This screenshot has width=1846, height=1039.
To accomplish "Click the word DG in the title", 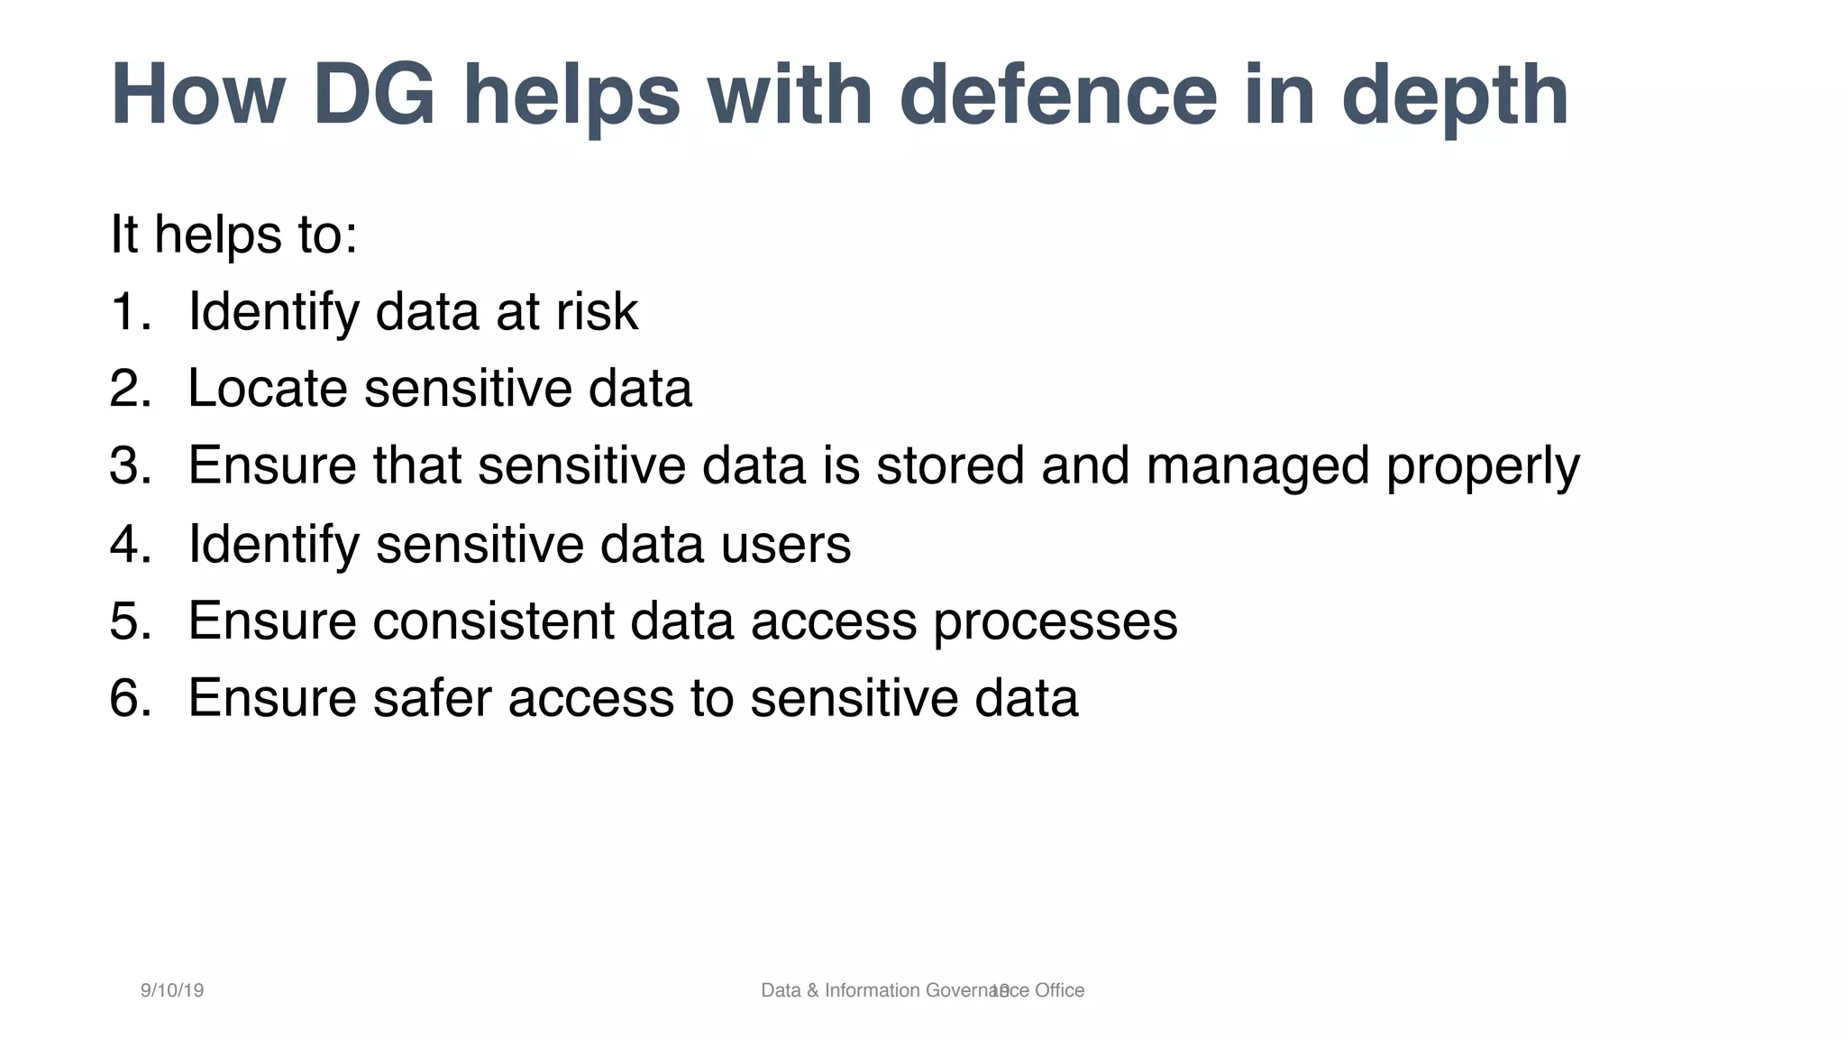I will (x=374, y=96).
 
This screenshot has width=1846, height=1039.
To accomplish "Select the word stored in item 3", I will (x=950, y=466).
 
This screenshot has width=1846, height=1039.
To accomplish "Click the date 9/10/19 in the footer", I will (x=172, y=990).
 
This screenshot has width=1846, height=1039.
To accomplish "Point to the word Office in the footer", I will (x=1059, y=990).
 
